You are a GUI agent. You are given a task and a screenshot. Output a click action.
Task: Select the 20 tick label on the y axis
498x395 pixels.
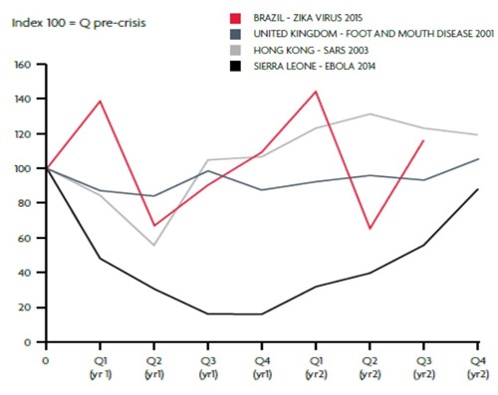27,307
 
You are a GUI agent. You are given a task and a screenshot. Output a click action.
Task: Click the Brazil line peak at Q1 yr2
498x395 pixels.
316,92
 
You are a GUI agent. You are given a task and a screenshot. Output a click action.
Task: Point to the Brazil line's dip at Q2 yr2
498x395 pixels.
370,229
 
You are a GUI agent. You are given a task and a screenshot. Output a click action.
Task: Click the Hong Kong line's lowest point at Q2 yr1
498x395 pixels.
154,246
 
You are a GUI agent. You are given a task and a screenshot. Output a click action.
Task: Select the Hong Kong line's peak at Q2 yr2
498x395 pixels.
370,113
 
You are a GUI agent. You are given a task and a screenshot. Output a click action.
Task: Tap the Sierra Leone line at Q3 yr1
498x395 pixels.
208,313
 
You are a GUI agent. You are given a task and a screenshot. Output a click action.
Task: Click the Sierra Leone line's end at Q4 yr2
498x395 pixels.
479,189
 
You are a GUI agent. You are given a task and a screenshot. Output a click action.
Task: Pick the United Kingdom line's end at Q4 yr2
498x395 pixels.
479,158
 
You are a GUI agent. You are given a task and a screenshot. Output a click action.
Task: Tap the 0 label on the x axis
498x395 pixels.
46,353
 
